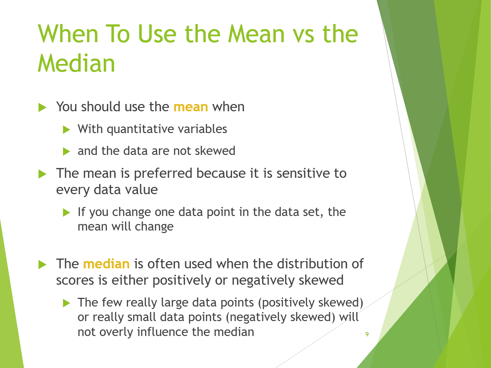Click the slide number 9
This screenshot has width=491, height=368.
click(367, 334)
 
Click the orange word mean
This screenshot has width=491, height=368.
click(191, 107)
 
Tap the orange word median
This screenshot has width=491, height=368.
click(106, 264)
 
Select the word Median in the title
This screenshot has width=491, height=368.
click(76, 63)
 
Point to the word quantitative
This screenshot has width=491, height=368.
click(140, 129)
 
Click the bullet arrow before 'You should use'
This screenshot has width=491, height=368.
click(42, 108)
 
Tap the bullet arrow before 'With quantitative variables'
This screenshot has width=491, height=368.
click(67, 130)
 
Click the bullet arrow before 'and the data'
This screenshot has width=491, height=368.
click(67, 152)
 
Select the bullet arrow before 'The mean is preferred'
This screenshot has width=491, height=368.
click(42, 174)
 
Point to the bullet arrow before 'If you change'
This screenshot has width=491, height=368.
click(67, 213)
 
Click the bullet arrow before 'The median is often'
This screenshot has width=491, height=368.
click(42, 265)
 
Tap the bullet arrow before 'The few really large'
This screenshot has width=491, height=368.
click(67, 303)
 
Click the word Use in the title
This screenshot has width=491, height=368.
click(157, 34)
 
